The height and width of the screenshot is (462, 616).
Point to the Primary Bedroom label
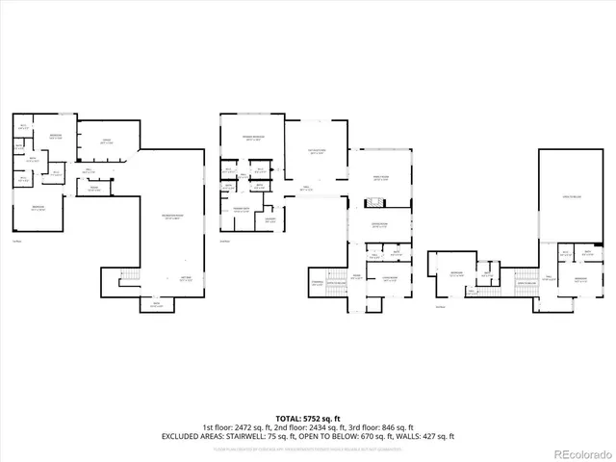click(x=252, y=139)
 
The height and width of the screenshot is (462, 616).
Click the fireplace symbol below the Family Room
click(x=373, y=203)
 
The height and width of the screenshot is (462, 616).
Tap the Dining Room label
click(x=380, y=225)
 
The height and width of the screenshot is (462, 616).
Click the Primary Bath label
click(x=242, y=210)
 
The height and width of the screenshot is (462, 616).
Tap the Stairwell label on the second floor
click(x=317, y=282)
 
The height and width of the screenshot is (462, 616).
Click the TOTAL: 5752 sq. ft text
click(x=308, y=419)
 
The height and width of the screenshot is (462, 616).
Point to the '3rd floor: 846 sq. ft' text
click(x=385, y=427)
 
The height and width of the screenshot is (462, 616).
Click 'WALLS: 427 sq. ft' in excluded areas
click(x=424, y=436)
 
